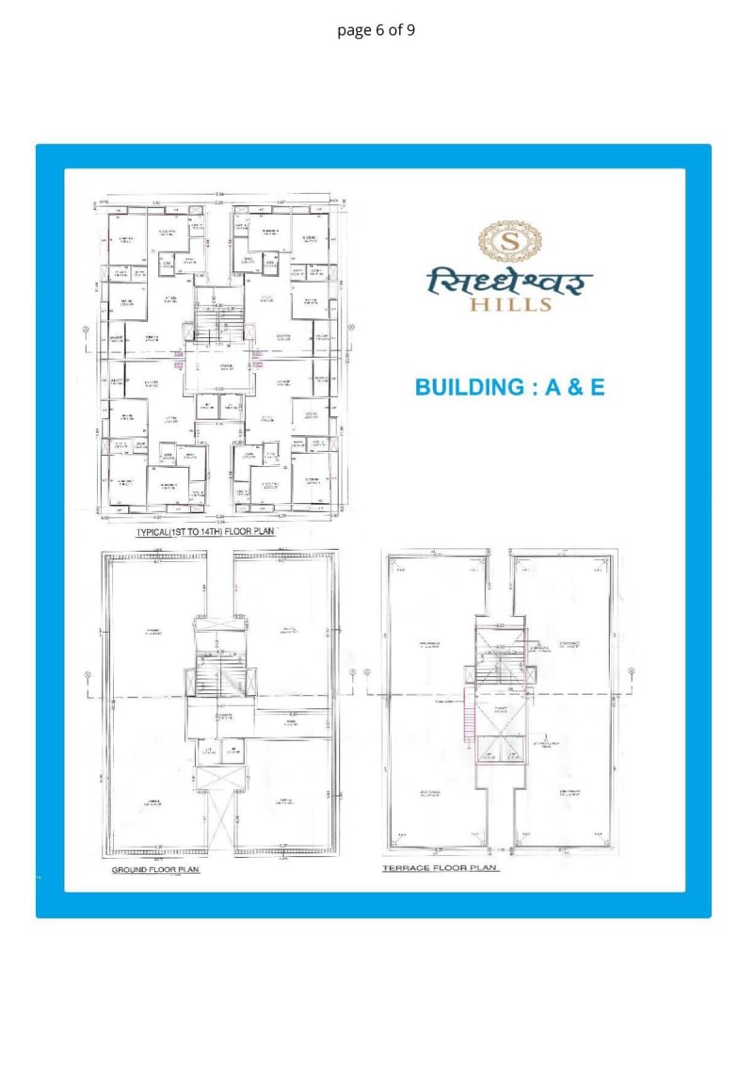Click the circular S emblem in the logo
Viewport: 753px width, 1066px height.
(511, 241)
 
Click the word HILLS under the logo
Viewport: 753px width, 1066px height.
(512, 303)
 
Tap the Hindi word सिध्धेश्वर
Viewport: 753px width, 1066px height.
(511, 280)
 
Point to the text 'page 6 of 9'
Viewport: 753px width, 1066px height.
(376, 30)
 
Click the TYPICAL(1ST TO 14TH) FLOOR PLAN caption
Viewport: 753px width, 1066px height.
(204, 532)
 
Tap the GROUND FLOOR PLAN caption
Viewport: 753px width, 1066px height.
(156, 869)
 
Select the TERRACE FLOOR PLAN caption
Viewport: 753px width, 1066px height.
(440, 868)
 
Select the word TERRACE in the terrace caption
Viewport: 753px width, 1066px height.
(405, 868)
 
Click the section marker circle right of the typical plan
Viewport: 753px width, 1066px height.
(351, 328)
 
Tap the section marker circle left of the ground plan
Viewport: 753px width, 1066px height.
(88, 674)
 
